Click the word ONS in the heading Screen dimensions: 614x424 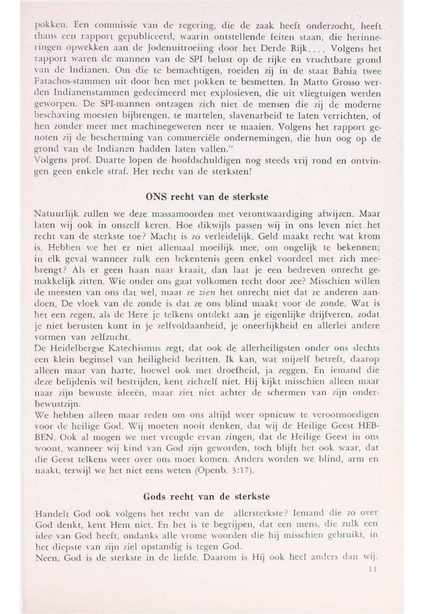(x=157, y=196)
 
